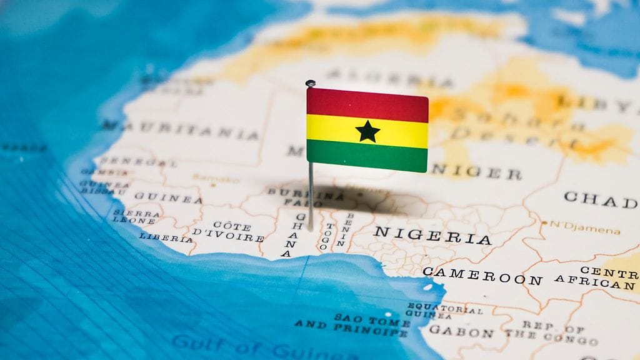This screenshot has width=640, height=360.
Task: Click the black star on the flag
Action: [367, 131]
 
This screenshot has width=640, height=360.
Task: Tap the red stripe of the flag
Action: [367, 104]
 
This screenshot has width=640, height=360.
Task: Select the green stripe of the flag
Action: [367, 156]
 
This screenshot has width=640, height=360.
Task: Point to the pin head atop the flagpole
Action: [310, 83]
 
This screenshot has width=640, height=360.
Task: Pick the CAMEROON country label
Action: [482, 275]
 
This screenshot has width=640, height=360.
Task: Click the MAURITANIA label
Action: [181, 129]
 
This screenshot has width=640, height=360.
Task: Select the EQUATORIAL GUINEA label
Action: [437, 311]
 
